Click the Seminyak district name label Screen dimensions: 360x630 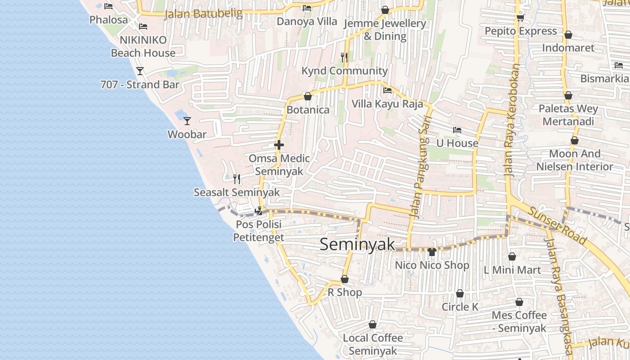click(357, 244)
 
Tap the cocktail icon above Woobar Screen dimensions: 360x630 click(187, 121)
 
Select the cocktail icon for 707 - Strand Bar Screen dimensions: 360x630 click(140, 71)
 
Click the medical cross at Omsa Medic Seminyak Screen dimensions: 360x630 click(279, 145)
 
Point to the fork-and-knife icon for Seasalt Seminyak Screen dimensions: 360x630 click(237, 179)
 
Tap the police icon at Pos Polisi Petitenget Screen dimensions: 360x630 click(259, 210)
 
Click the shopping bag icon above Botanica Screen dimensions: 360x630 click(308, 96)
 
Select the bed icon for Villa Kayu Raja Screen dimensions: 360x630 click(387, 90)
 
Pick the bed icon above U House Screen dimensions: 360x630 click(457, 130)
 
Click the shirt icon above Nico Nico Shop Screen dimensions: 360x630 click(432, 252)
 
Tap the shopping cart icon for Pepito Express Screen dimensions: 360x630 click(521, 18)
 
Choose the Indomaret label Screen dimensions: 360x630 click(568, 48)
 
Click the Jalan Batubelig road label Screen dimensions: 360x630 click(203, 13)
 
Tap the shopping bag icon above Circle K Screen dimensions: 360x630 click(460, 294)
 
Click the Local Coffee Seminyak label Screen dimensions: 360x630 click(373, 344)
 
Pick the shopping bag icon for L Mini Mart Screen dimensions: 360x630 click(512, 256)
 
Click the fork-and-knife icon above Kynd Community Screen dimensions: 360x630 click(344, 57)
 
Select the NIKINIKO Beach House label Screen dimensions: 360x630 click(143, 46)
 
